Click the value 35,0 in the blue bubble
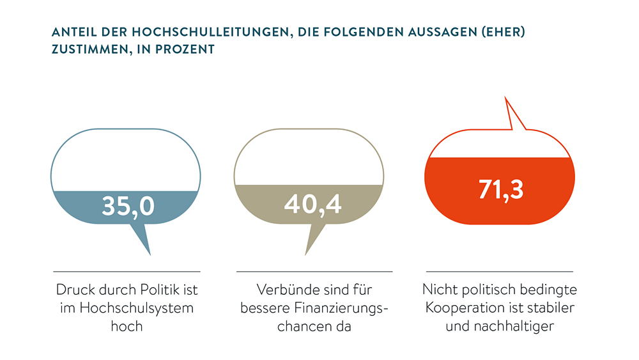pos(128,207)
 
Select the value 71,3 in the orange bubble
pos(501,189)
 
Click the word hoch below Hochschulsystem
pos(127,326)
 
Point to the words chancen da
pos(312,326)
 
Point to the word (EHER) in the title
pos(500,32)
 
